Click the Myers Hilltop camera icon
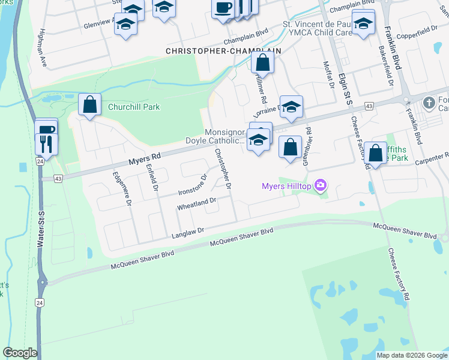point(321,185)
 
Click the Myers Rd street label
point(145,158)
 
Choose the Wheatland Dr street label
point(196,205)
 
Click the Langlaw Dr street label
point(188,230)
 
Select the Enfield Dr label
point(150,179)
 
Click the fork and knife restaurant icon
point(46,143)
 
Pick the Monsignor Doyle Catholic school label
point(225,136)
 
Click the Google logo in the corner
point(20,352)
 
